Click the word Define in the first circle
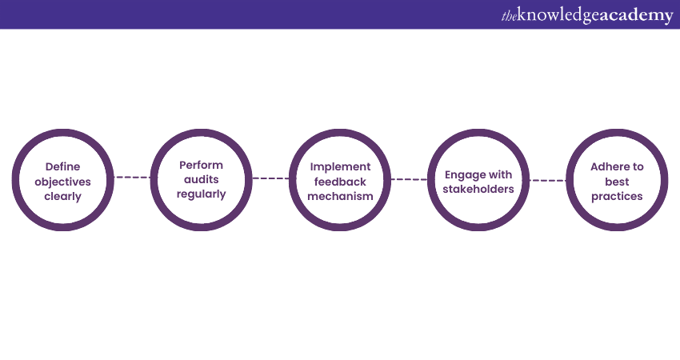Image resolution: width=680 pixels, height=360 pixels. coord(63,166)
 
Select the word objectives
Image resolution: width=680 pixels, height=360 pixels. coord(63,182)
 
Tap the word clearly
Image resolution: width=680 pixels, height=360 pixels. coord(63,197)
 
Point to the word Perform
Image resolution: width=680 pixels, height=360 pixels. coord(202,166)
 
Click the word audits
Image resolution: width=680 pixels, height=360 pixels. coord(202,179)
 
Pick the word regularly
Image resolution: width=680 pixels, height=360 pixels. coord(202,194)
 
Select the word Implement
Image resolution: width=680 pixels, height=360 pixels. coord(341,167)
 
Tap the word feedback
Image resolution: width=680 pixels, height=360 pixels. coord(341,182)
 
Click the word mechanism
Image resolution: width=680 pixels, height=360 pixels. coord(341,197)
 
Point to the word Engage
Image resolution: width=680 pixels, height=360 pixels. coord(462,175)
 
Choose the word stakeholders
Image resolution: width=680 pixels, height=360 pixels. coord(478,189)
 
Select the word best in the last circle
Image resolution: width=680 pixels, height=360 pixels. coord(617,182)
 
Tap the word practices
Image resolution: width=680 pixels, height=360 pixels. coord(617,197)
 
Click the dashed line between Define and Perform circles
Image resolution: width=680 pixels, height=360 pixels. coord(132,177)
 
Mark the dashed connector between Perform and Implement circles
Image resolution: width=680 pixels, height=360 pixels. coord(270,178)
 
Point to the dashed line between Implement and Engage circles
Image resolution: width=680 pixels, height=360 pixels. coord(410,179)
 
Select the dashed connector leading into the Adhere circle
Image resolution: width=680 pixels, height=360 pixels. coord(548,181)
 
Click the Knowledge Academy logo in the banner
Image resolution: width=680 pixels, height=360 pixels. coord(587,16)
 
